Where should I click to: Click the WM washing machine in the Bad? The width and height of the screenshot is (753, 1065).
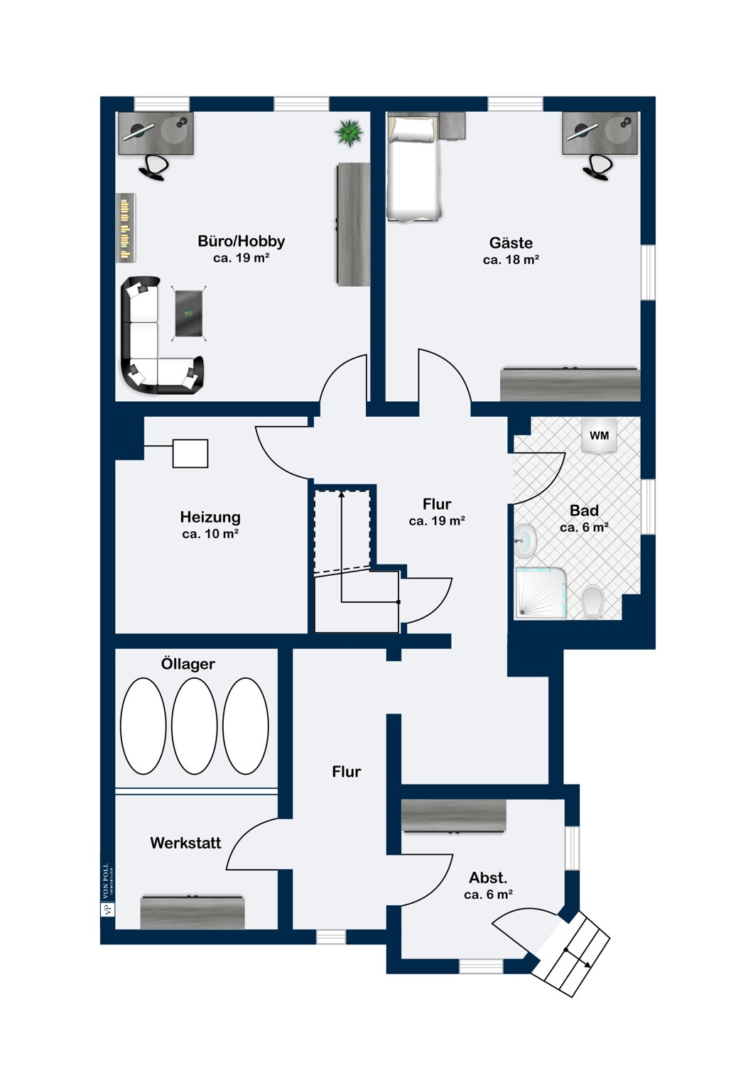pyautogui.click(x=600, y=435)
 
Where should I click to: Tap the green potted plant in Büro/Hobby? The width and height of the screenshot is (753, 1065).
pyautogui.click(x=349, y=133)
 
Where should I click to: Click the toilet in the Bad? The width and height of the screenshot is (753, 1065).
pyautogui.click(x=592, y=602)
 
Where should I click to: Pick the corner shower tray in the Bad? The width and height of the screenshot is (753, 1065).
pyautogui.click(x=541, y=594)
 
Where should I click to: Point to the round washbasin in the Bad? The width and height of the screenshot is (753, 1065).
pyautogui.click(x=525, y=540)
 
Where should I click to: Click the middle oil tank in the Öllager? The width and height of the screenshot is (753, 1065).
pyautogui.click(x=195, y=726)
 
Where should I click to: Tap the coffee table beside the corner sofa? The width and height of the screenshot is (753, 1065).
pyautogui.click(x=189, y=313)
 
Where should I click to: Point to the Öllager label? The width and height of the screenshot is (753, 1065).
pyautogui.click(x=188, y=664)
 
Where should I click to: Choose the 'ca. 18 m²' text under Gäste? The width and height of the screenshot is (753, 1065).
pyautogui.click(x=511, y=260)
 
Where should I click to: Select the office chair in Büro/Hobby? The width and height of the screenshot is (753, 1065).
pyautogui.click(x=153, y=168)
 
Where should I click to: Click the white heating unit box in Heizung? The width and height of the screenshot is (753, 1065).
pyautogui.click(x=190, y=454)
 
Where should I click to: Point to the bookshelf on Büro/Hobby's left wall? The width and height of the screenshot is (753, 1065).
pyautogui.click(x=126, y=228)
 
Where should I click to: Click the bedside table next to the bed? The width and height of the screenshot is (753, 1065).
pyautogui.click(x=451, y=126)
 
